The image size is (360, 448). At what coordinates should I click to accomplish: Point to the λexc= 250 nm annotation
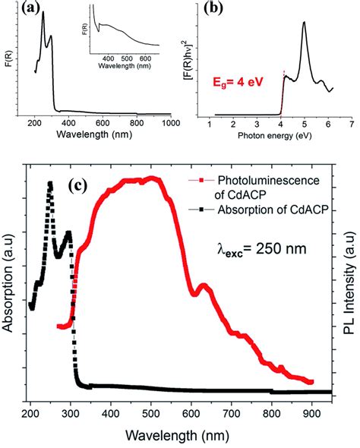coord(265,247)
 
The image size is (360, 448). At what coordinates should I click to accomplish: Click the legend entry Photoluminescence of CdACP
coord(259,188)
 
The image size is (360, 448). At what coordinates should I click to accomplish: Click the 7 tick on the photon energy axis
coord(351,122)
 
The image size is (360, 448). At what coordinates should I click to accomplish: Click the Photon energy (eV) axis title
coord(284,134)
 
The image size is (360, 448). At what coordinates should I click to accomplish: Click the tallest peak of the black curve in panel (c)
coord(50,184)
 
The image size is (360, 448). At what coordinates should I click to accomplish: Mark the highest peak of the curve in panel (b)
coord(305,23)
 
